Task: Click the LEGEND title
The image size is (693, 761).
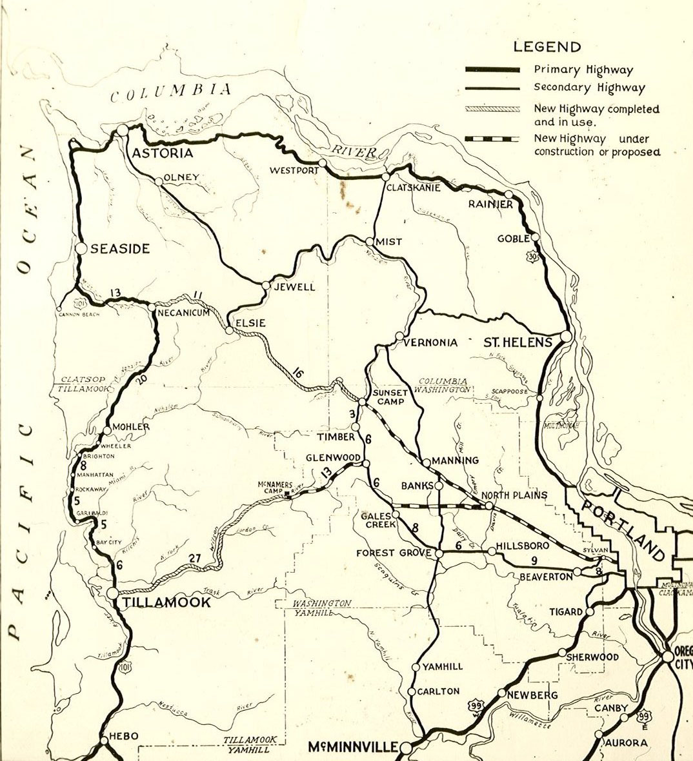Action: pyautogui.click(x=547, y=46)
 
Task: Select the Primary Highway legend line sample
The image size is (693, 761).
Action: pyautogui.click(x=493, y=70)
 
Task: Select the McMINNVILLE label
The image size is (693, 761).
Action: pyautogui.click(x=353, y=747)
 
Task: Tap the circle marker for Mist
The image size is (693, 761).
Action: pyautogui.click(x=369, y=242)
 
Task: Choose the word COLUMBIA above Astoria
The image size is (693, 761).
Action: pyautogui.click(x=170, y=94)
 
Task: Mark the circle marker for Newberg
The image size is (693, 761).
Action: pyautogui.click(x=501, y=693)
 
